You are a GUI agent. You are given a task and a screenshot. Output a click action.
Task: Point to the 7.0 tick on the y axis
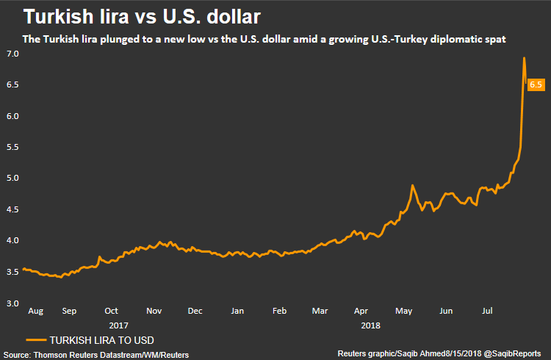12,54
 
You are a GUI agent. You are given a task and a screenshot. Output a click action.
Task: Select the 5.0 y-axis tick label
12,179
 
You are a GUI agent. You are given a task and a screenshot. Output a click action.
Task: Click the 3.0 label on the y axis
12,303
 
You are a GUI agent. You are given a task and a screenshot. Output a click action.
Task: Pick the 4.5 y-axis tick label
12,209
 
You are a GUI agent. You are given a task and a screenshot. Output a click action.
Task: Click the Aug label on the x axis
35,312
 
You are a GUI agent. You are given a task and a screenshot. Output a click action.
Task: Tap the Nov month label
154,312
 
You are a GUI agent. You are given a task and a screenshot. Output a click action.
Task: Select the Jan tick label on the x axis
237,312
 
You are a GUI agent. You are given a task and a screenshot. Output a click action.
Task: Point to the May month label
404,312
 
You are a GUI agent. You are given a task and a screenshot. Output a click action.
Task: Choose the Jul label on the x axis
488,312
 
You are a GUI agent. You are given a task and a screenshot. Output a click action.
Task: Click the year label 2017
118,323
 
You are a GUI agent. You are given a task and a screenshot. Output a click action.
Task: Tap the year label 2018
371,323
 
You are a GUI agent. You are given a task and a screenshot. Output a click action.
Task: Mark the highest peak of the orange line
524,59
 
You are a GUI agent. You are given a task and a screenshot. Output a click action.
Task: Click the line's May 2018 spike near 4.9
412,186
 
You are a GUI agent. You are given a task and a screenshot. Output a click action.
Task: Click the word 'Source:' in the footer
17,355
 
